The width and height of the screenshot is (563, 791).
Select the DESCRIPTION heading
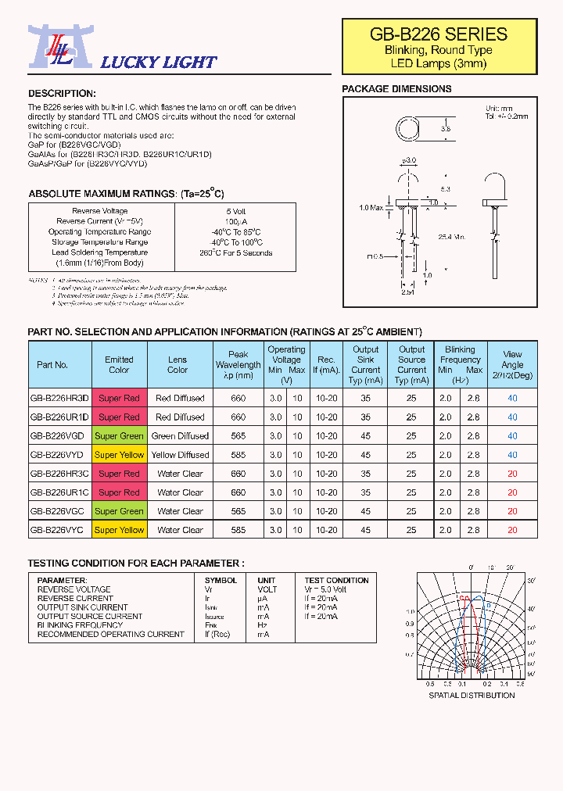pyautogui.click(x=62, y=93)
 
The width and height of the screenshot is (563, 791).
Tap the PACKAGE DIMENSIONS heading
pyautogui.click(x=396, y=89)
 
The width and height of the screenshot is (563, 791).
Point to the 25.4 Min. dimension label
pyautogui.click(x=452, y=237)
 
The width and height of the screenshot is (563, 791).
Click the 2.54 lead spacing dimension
pyautogui.click(x=407, y=293)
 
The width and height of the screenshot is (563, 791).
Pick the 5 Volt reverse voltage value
pyautogui.click(x=235, y=211)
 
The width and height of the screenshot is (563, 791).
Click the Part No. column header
pyautogui.click(x=52, y=365)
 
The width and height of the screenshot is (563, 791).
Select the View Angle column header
pyautogui.click(x=512, y=364)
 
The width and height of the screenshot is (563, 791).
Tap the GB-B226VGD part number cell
pyautogui.click(x=59, y=436)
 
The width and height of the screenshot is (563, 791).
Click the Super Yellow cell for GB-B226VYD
pyautogui.click(x=119, y=455)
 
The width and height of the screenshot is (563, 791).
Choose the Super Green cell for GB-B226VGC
pyautogui.click(x=119, y=511)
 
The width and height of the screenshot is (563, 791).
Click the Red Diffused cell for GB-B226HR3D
pyautogui.click(x=180, y=399)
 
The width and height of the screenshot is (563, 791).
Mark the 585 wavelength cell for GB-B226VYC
pyautogui.click(x=238, y=530)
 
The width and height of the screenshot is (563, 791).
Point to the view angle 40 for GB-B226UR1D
pyautogui.click(x=512, y=417)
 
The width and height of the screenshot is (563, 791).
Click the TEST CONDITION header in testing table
pyautogui.click(x=336, y=580)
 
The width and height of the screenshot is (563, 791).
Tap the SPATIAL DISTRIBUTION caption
pyautogui.click(x=472, y=695)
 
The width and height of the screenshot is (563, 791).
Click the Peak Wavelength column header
pyautogui.click(x=238, y=365)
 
